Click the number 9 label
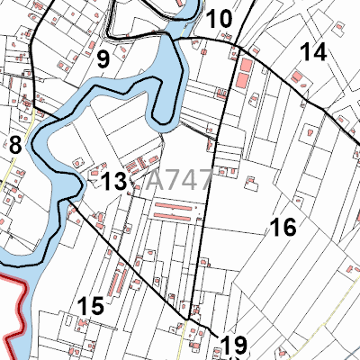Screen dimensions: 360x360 103,60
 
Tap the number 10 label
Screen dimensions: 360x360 219,19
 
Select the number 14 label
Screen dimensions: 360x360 312,52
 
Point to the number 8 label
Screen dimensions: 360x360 15,144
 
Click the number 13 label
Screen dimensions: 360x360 113,182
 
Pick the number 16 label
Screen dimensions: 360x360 283,228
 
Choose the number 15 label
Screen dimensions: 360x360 90,306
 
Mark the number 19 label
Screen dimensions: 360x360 233,345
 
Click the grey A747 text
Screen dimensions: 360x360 178,178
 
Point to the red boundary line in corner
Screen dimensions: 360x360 13,306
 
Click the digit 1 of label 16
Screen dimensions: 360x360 276,228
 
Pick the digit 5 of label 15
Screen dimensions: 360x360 97,306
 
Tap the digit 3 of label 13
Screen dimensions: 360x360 121,182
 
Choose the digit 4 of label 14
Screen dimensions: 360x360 319,52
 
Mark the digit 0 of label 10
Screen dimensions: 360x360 226,19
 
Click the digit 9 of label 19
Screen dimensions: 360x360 240,345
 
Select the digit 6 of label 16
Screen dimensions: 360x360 290,228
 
